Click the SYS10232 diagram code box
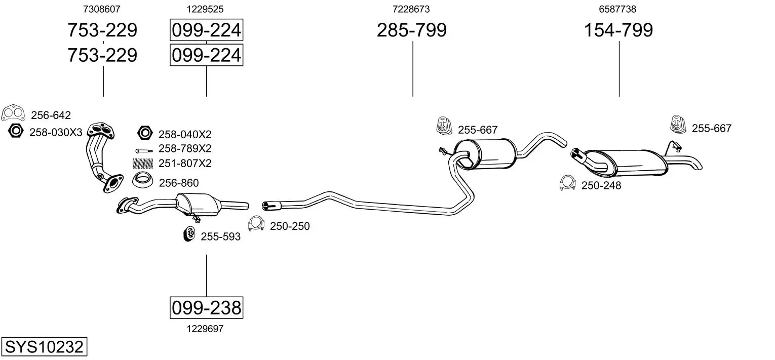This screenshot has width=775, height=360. point(44,346)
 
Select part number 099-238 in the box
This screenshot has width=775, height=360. point(207,307)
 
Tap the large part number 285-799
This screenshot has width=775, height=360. point(412,30)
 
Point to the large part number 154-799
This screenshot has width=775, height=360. point(618,30)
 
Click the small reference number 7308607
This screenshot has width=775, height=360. point(102,9)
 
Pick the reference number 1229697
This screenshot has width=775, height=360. point(205,329)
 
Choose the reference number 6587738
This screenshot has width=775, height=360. point(617,9)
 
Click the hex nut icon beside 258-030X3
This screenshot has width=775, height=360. point(16,131)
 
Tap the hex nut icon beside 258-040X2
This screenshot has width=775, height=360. point(145,133)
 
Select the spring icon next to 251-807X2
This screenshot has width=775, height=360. point(143,163)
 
